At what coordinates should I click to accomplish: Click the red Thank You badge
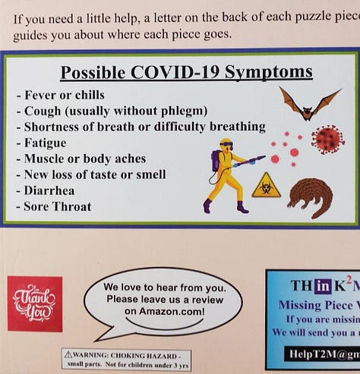pyautogui.click(x=35, y=303)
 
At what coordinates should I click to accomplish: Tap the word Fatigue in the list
pyautogui.click(x=45, y=143)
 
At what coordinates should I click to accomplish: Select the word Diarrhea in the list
pyautogui.click(x=50, y=190)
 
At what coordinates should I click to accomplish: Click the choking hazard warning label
pyautogui.click(x=126, y=358)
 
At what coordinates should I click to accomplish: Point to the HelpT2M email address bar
pyautogui.click(x=314, y=353)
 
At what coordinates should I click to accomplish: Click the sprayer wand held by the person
pyautogui.click(x=250, y=161)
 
